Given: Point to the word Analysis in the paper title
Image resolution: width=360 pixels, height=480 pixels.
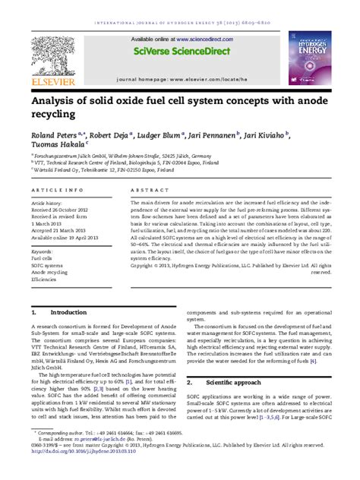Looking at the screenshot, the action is coord(52,101).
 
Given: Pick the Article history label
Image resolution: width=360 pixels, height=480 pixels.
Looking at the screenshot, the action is coord(46,204).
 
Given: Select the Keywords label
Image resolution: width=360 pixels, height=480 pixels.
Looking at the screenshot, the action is coord(43,251).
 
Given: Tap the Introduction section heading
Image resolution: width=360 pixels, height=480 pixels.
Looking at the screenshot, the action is coord(68,313).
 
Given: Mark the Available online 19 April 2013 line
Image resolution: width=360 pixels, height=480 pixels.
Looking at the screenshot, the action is coord(63,238).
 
